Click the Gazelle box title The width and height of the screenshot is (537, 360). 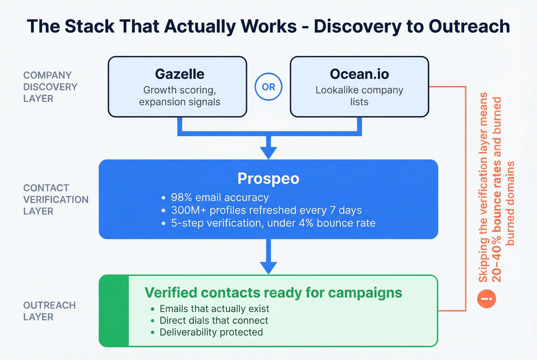pyautogui.click(x=180, y=74)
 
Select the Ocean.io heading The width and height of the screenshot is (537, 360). pyautogui.click(x=359, y=74)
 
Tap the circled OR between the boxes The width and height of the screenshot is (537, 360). pyautogui.click(x=268, y=87)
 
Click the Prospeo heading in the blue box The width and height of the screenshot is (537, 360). pyautogui.click(x=268, y=179)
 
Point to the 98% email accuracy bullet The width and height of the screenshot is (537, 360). pyautogui.click(x=219, y=197)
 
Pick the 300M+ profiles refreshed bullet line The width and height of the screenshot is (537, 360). pyautogui.click(x=266, y=210)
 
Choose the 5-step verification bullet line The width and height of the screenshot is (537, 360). pyautogui.click(x=273, y=223)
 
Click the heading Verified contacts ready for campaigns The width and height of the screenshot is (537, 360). pyautogui.click(x=273, y=293)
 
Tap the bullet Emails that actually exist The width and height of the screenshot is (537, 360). pyautogui.click(x=214, y=309)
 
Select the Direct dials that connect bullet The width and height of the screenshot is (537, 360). pyautogui.click(x=214, y=321)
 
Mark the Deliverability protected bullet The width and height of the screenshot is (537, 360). pyautogui.click(x=211, y=332)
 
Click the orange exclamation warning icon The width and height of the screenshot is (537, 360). pyautogui.click(x=486, y=299)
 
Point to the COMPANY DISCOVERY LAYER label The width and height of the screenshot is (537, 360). pyautogui.click(x=50, y=87)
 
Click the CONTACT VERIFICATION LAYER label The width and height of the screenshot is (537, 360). pyautogui.click(x=56, y=199)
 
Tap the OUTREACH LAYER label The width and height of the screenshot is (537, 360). pyautogui.click(x=49, y=311)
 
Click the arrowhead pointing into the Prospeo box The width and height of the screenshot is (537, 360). pyautogui.click(x=268, y=153)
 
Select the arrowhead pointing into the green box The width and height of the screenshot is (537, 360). pyautogui.click(x=268, y=268)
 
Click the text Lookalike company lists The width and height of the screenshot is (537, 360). pyautogui.click(x=359, y=96)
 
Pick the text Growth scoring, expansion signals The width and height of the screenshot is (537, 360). pyautogui.click(x=180, y=96)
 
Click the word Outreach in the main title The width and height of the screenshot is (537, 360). pyautogui.click(x=469, y=26)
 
